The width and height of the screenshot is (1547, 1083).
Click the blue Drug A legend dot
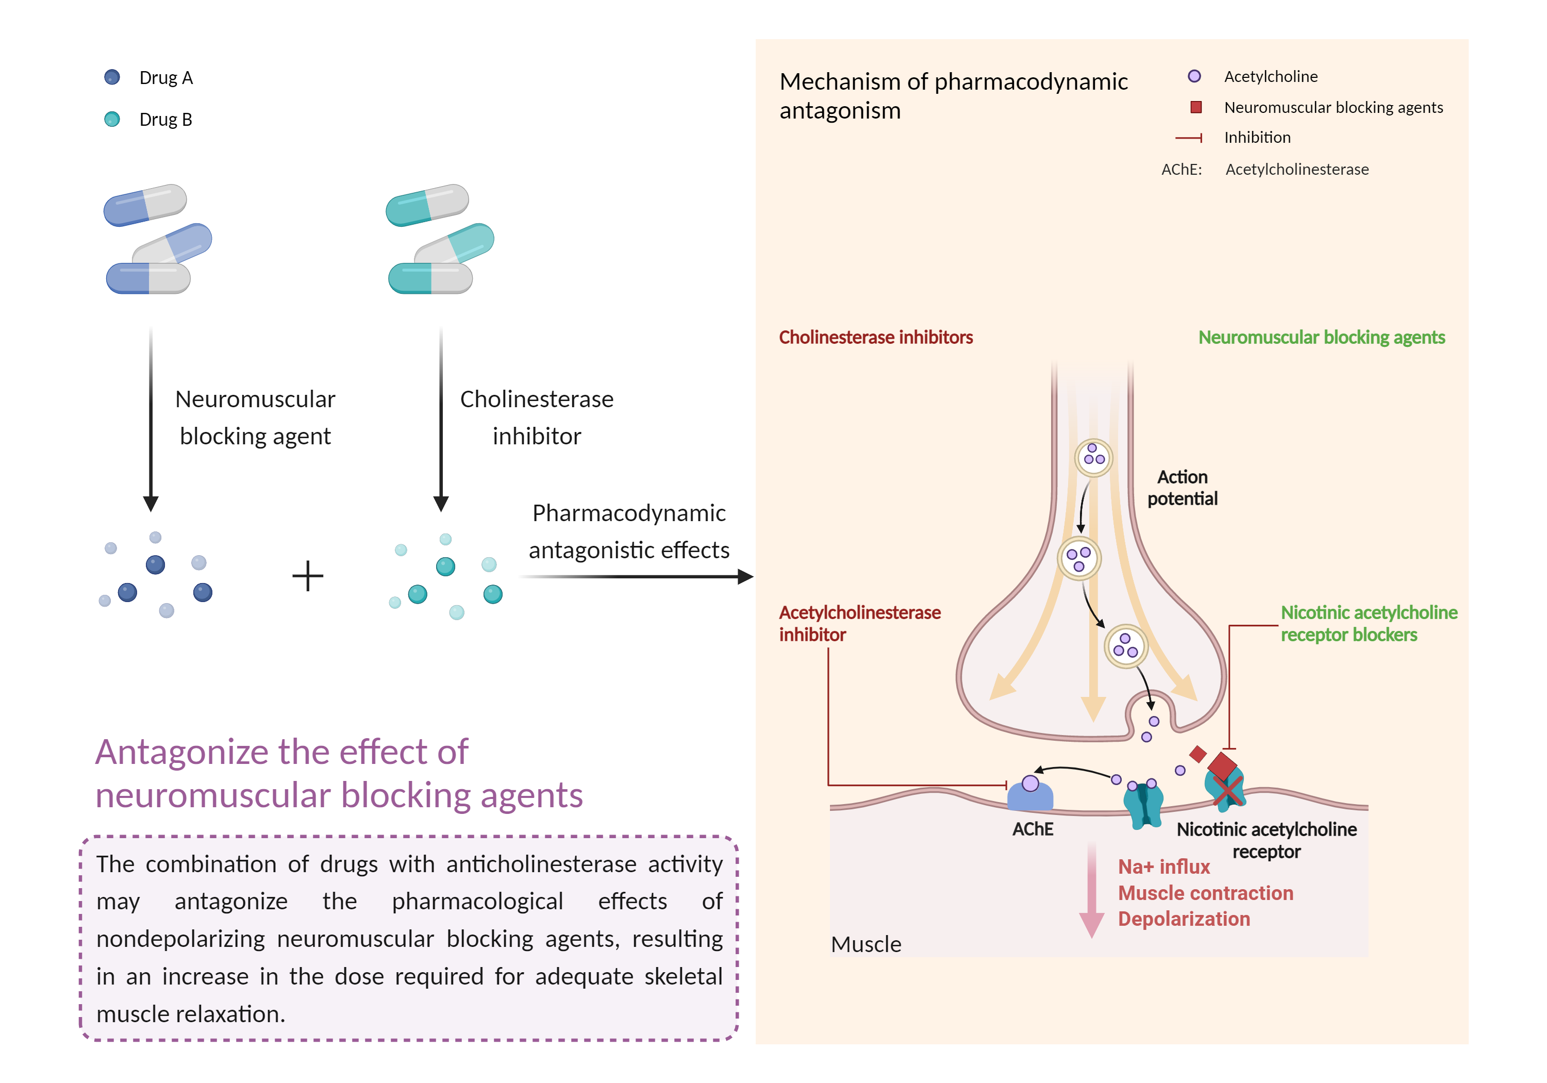point(112,77)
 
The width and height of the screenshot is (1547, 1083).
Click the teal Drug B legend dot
point(112,119)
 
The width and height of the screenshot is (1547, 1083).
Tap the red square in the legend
point(1196,107)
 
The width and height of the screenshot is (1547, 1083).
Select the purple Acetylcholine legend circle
point(1194,76)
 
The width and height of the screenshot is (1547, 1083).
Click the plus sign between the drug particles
point(308,576)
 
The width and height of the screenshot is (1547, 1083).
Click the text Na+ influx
point(1163,867)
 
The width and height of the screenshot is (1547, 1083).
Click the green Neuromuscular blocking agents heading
point(1321,337)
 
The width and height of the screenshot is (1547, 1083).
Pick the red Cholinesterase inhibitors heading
point(875,337)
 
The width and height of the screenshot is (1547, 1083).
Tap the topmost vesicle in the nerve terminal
point(1093,458)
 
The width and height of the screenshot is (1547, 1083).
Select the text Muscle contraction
point(1205,893)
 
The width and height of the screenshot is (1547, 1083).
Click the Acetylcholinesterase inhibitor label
point(859,623)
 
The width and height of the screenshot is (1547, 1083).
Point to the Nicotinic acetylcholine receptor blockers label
point(1369,623)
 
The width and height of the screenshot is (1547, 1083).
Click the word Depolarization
point(1184,919)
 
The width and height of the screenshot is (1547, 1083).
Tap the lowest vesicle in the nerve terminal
point(1126,646)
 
